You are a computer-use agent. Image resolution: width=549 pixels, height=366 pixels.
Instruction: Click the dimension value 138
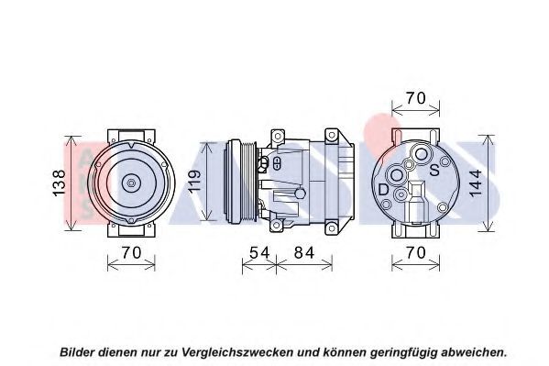59,183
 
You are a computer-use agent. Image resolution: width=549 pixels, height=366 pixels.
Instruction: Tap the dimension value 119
194,181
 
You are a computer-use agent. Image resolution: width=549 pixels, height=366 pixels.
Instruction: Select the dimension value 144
476,183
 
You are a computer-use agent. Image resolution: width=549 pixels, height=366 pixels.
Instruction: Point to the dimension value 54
259,252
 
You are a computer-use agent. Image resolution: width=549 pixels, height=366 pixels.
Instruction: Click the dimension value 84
304,252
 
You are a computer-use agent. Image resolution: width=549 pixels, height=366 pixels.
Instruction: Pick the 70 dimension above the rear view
415,98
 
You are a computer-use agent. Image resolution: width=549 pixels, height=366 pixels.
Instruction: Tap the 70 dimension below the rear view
415,252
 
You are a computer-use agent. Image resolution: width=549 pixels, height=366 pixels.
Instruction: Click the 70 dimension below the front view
131,252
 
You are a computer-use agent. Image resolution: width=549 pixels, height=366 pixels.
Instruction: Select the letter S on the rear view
434,170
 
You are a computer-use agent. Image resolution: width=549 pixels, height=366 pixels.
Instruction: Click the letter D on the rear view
384,190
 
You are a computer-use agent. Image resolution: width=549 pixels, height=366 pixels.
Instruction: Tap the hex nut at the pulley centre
131,183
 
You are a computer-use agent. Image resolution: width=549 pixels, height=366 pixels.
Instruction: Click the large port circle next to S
421,154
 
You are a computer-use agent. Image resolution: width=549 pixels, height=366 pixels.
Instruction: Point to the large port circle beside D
397,175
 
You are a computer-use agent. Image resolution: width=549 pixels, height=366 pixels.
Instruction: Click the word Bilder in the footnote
77,351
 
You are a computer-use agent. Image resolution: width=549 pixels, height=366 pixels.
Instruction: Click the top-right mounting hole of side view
331,136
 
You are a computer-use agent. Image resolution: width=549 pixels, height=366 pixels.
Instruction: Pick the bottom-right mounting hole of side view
331,228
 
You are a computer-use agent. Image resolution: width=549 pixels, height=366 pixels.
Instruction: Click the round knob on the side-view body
301,193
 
